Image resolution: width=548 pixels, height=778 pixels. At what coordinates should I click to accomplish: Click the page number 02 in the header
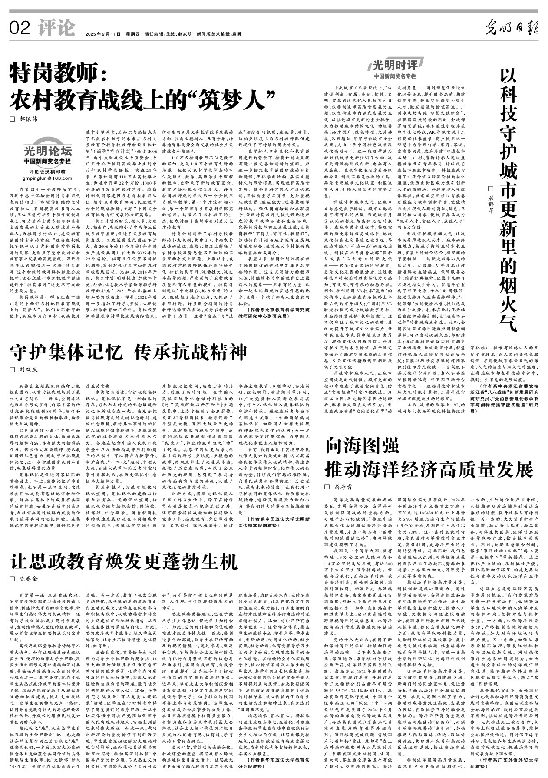point(20,29)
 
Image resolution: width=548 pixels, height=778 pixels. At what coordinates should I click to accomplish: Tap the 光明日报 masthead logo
point(512,29)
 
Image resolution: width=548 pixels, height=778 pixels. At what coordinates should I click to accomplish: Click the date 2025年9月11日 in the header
point(102,34)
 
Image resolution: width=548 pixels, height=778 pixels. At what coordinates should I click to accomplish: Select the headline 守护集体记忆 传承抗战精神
point(129,352)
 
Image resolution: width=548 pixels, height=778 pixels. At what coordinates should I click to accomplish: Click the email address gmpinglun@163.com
point(47,178)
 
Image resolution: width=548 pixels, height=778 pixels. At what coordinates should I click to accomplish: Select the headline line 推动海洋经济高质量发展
point(429,469)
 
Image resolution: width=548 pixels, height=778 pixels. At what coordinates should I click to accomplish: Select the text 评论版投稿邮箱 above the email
point(47,171)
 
